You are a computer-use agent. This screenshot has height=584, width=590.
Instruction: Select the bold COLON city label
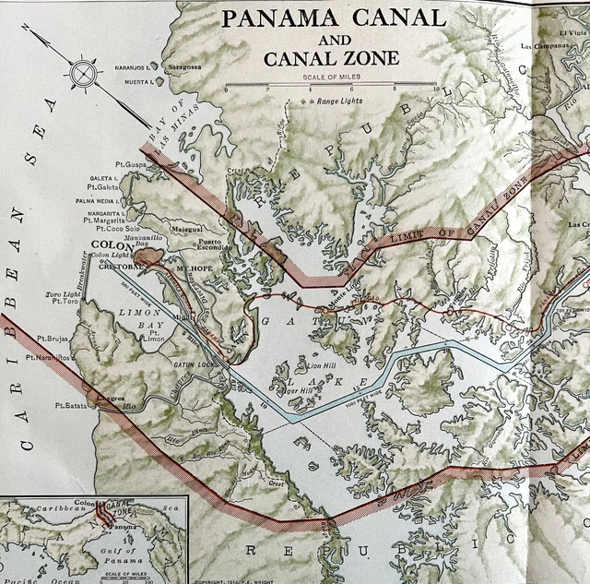[x=112, y=246]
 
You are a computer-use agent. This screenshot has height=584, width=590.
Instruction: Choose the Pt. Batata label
[x=70, y=405]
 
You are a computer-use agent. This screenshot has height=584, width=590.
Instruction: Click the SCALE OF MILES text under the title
[x=331, y=76]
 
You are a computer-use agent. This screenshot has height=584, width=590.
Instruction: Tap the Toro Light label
[x=62, y=295]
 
